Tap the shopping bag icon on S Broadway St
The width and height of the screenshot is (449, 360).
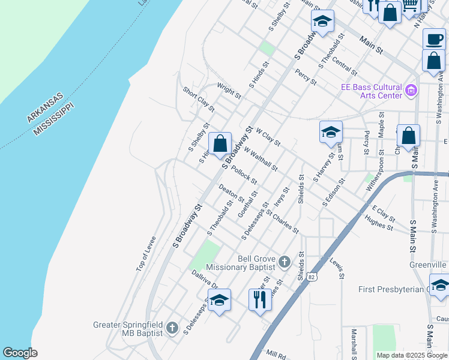coord(220,143)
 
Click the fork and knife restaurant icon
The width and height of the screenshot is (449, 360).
coord(260,299)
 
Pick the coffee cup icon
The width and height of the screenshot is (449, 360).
coord(434,40)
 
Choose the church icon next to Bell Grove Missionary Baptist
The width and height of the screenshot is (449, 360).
coord(284,262)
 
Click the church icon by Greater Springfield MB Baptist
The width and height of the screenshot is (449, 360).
coord(172,328)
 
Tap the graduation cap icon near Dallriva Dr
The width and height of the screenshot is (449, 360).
coord(219,301)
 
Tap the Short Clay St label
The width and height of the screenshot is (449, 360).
coord(199,99)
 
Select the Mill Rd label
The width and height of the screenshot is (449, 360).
coord(279,355)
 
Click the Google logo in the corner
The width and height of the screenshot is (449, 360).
coord(20,352)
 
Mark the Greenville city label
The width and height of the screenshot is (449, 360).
coord(428,264)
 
